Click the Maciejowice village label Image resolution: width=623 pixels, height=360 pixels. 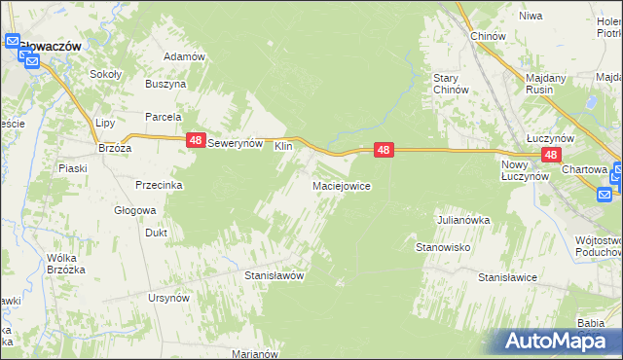(341, 185)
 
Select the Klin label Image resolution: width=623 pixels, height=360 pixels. (283, 146)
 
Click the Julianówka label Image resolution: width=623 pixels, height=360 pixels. (462, 220)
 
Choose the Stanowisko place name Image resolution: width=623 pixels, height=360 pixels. (444, 247)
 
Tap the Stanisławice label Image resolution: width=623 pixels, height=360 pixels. (508, 277)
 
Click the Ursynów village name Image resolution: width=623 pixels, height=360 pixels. (168, 297)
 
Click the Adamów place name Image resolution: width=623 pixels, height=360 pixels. (185, 56)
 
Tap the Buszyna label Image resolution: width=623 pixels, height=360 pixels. (165, 85)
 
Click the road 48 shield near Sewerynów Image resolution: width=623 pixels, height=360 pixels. (196, 141)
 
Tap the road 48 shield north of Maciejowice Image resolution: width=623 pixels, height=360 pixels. (385, 150)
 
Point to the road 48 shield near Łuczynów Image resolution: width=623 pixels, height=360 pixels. (551, 155)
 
